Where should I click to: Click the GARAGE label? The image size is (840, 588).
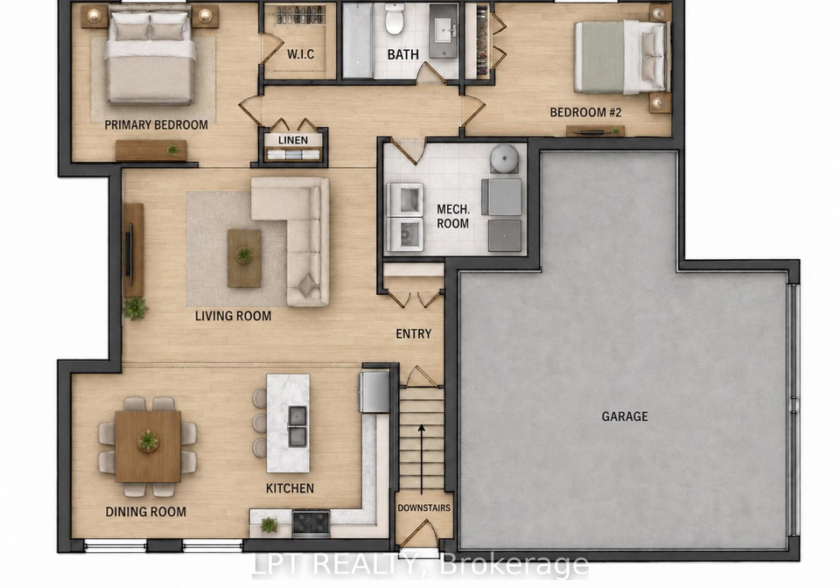625,416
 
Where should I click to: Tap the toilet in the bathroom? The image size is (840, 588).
395,18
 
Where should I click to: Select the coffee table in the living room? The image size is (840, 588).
244,258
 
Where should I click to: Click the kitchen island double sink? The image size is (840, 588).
297,426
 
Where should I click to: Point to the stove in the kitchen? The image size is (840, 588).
311,522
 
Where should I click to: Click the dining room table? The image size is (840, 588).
148,446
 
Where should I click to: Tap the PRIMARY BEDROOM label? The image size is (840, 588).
156,125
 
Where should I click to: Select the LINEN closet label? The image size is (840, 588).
293,140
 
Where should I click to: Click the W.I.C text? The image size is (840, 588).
300,54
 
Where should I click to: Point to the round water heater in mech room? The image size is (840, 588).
504,158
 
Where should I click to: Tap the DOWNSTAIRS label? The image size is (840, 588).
423,507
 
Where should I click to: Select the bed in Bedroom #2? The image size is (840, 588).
621,57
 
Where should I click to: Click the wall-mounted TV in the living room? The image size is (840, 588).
129,250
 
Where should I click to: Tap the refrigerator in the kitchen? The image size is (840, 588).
374,392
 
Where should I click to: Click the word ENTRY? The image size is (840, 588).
414,333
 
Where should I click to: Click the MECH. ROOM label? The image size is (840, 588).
452,216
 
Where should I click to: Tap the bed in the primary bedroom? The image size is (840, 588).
150,57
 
